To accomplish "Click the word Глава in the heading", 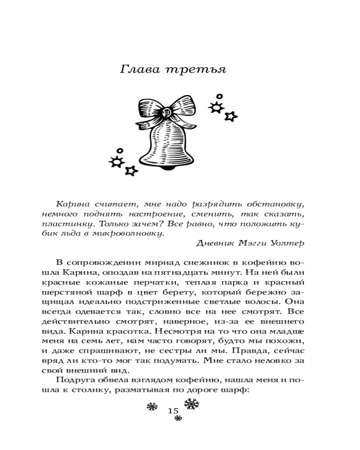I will [139, 70].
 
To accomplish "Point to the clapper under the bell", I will [167, 168].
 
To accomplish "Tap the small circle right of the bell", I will [219, 96].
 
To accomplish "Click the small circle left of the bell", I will [119, 151].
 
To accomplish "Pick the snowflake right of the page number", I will [192, 404].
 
